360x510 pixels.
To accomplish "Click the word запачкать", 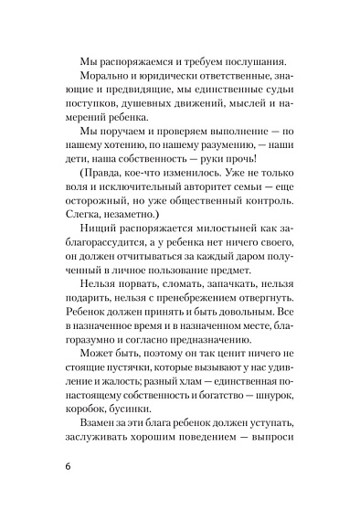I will coord(234,306).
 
